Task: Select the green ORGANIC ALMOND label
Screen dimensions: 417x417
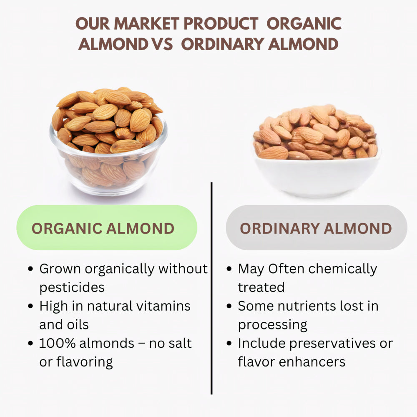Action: pos(106,228)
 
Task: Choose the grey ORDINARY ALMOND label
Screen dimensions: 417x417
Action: pos(316,228)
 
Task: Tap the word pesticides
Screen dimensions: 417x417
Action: pos(72,287)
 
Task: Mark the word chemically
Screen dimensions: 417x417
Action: pos(342,269)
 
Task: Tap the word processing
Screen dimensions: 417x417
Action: pos(272,325)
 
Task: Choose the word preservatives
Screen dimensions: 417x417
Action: pos(332,343)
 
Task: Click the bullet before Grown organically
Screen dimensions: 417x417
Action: pos(30,269)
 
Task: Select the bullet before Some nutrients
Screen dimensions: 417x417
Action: pos(229,306)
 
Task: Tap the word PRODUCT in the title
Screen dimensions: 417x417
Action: pos(221,24)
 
